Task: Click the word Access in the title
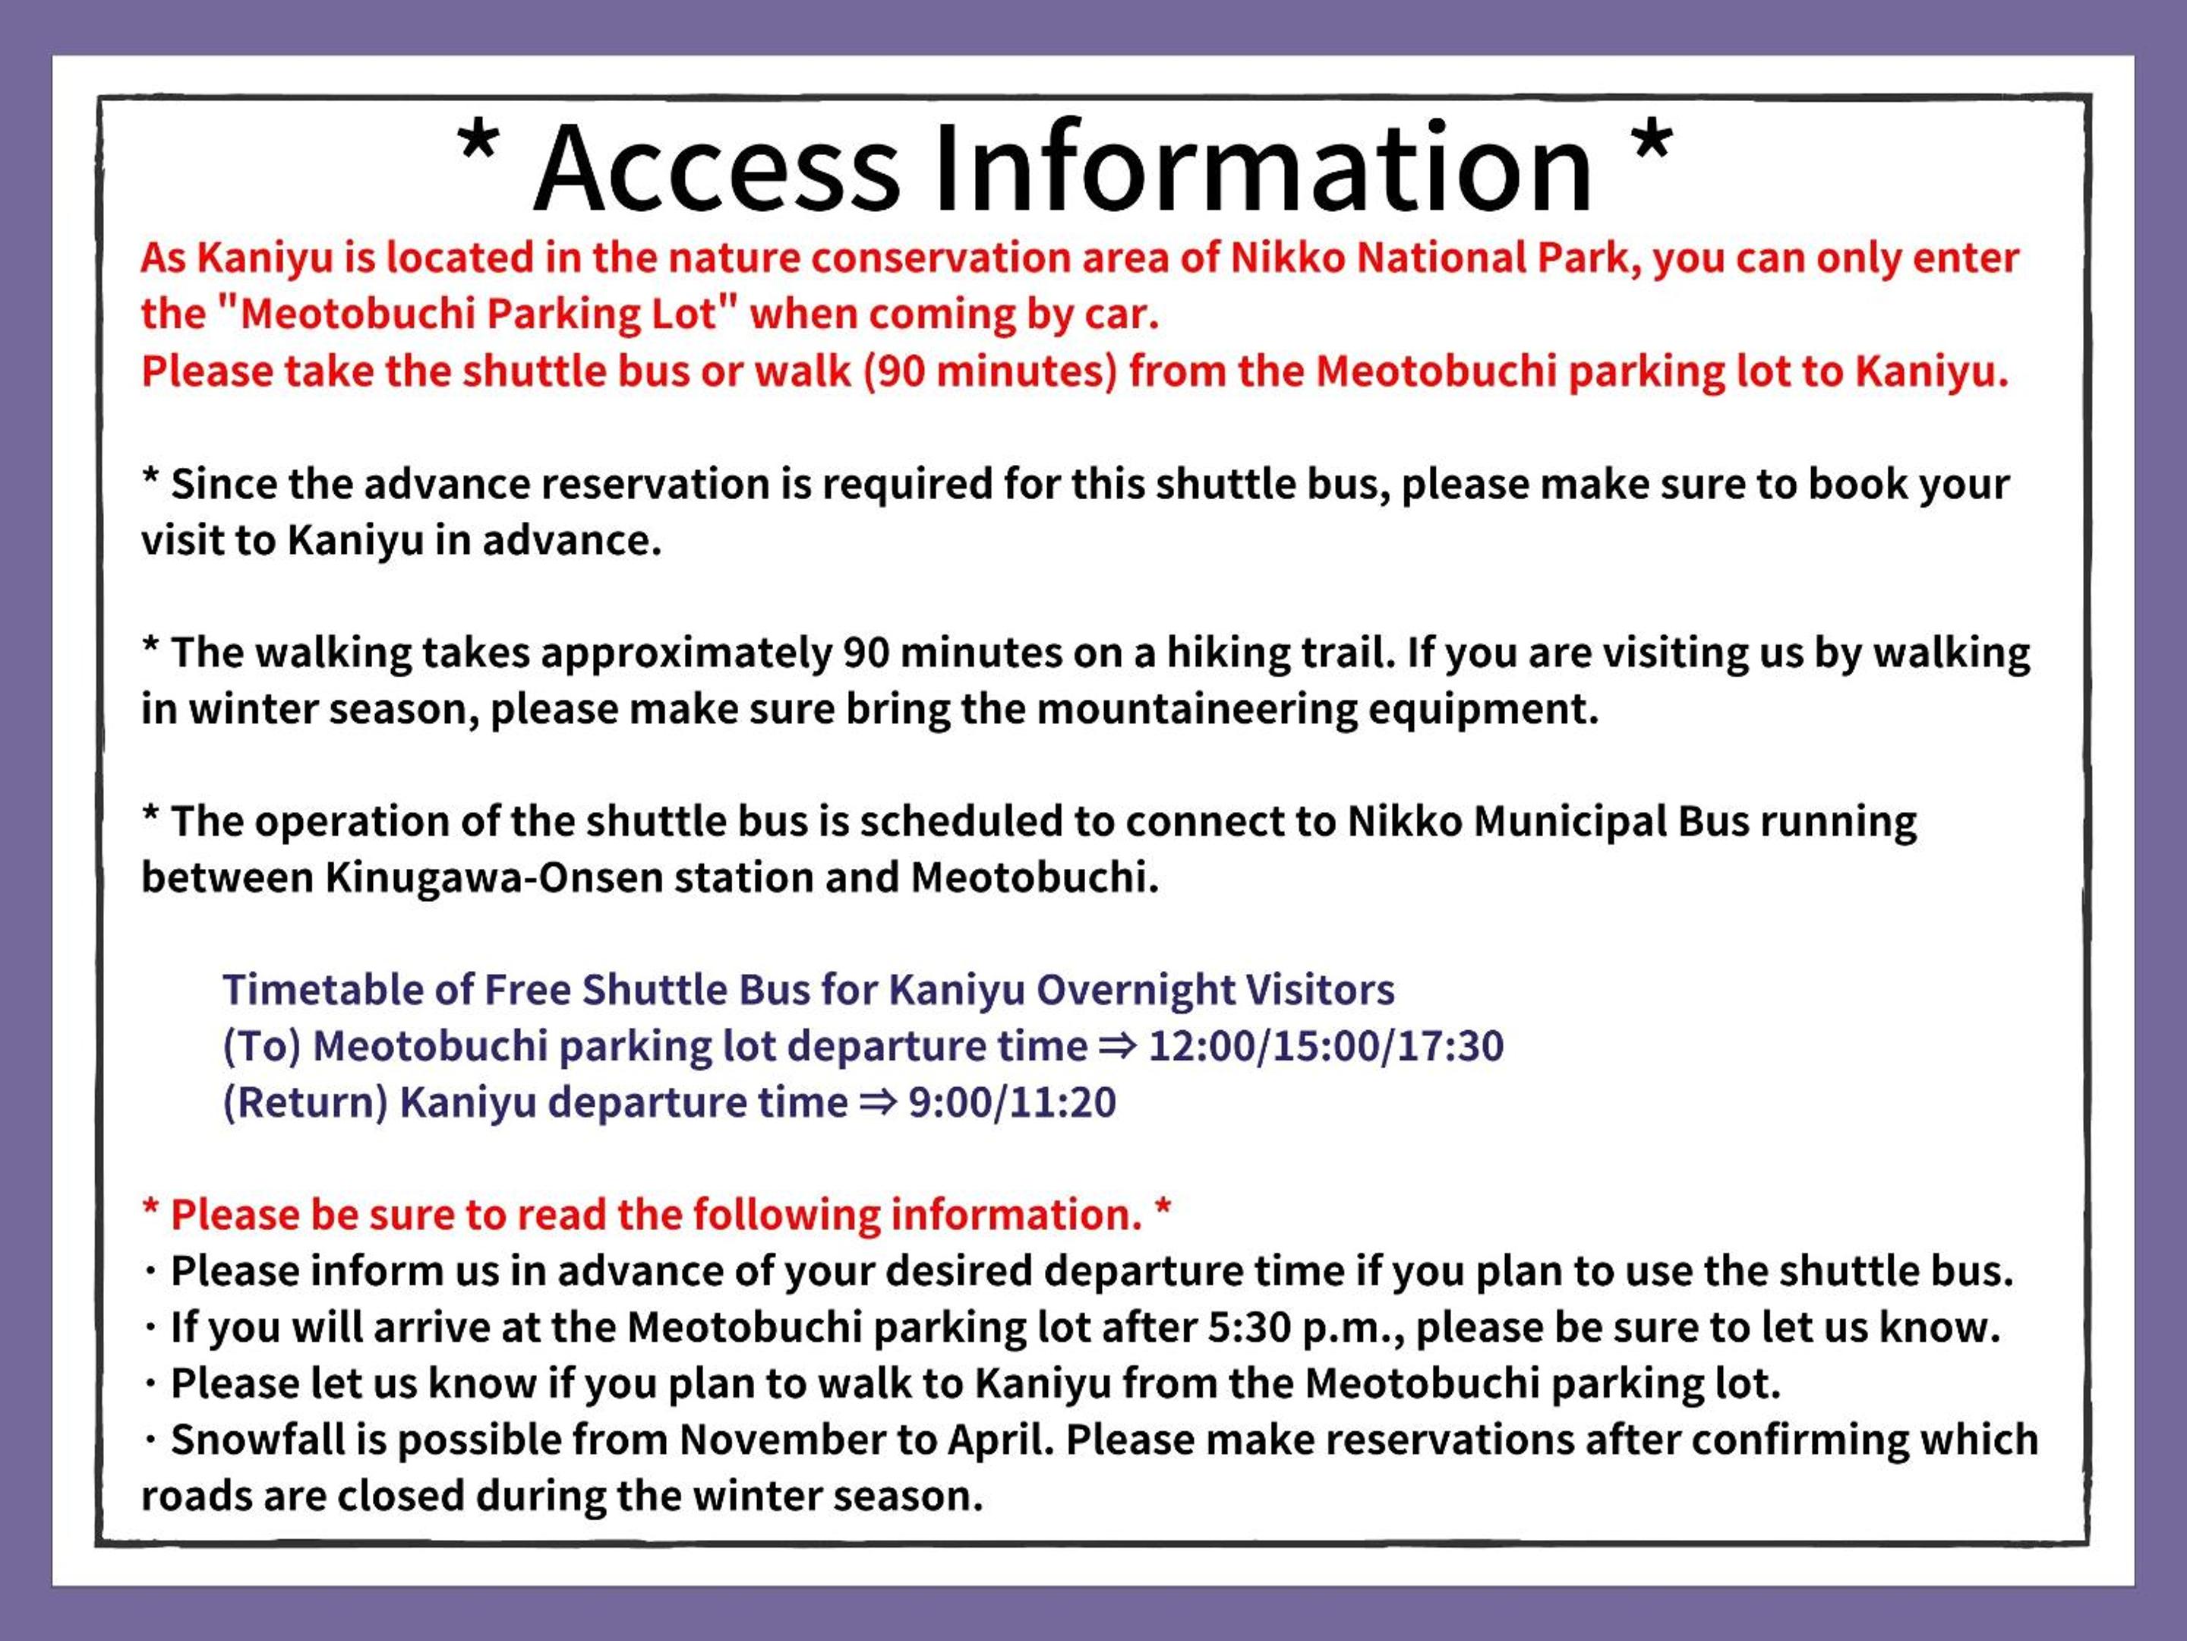coord(718,167)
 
